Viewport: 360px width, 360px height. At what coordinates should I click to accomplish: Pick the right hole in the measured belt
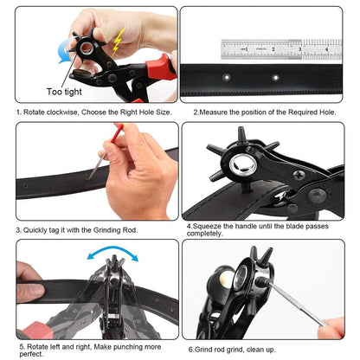tap(276, 78)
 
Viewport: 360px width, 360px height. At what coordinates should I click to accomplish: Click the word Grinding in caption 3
tap(101, 229)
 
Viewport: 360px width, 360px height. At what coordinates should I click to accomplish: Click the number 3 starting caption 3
tap(18, 229)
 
